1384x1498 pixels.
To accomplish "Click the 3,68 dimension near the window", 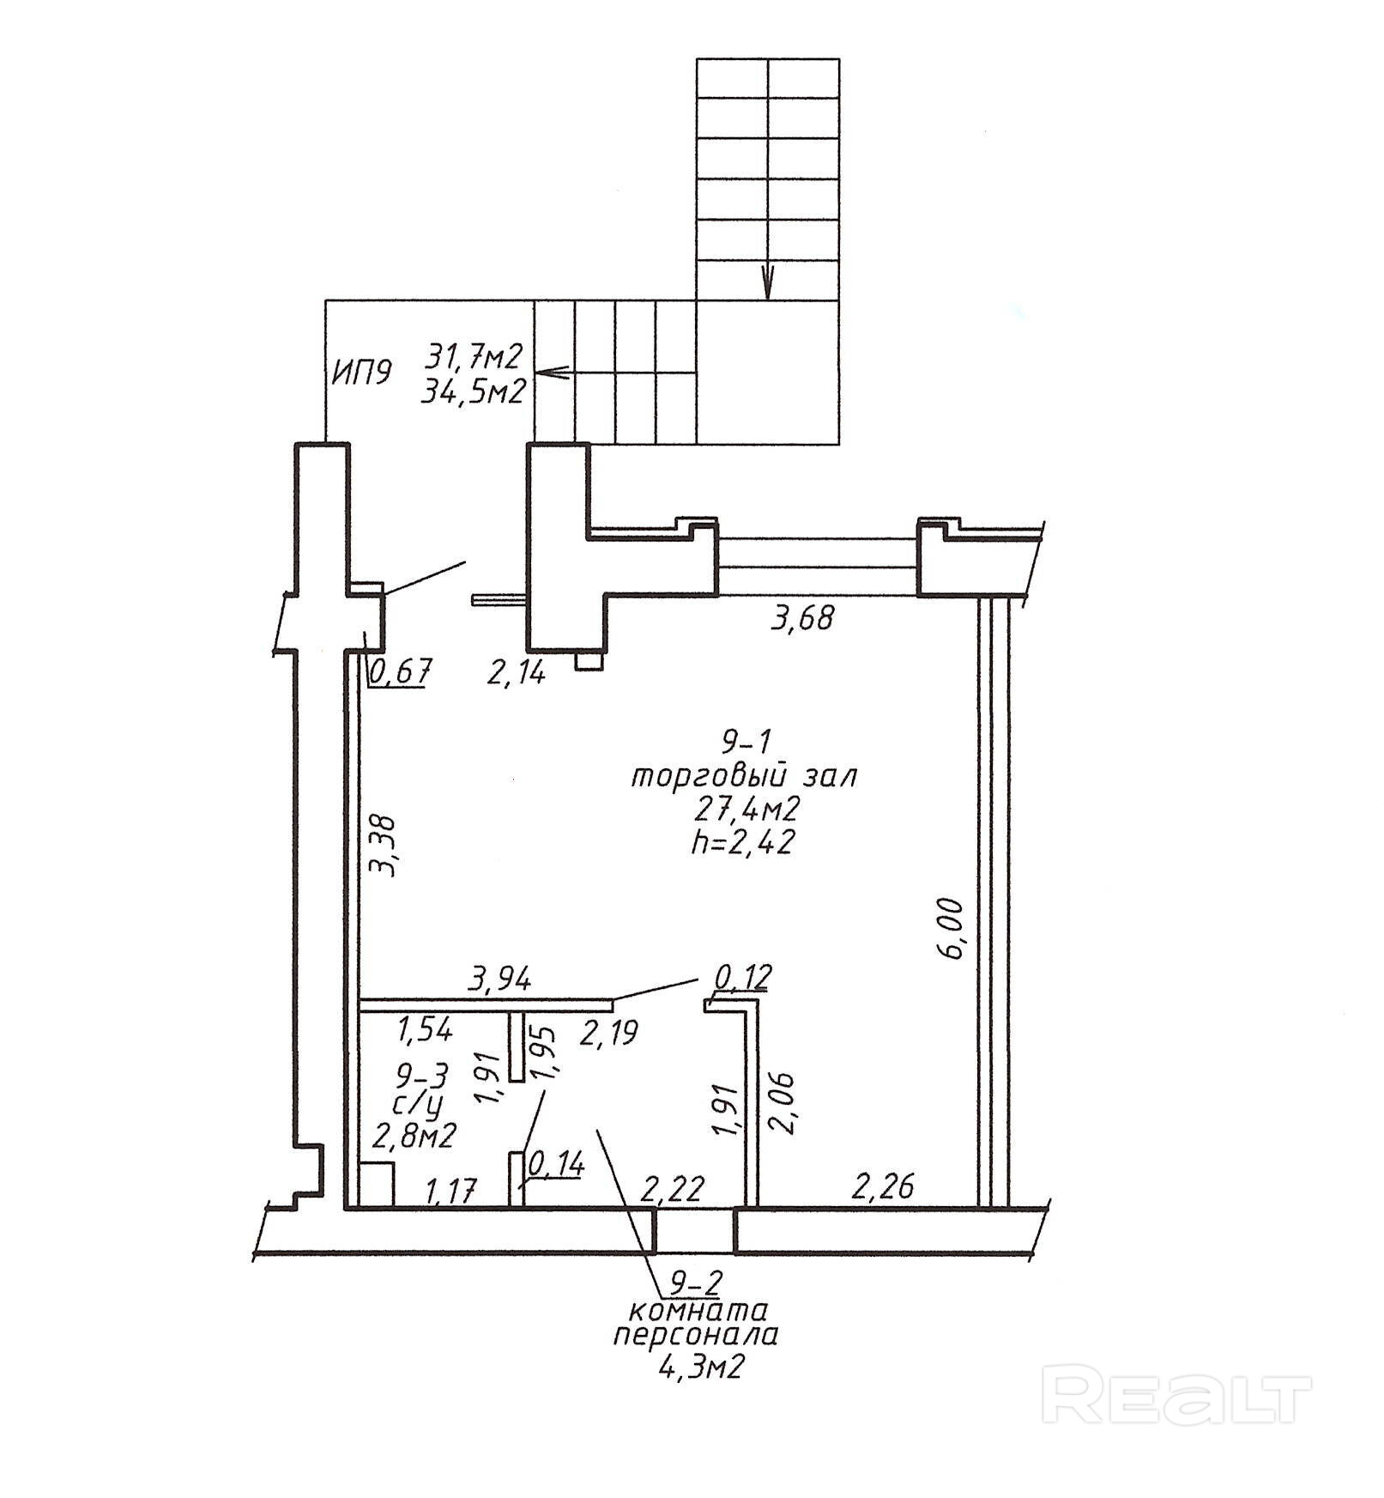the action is (802, 618).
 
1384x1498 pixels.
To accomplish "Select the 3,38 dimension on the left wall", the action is (384, 845).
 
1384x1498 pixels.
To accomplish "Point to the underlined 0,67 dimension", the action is (399, 670).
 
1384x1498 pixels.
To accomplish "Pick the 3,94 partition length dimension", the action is (500, 978).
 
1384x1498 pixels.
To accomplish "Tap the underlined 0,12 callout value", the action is (744, 976).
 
